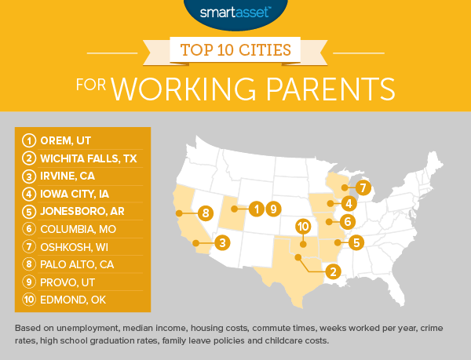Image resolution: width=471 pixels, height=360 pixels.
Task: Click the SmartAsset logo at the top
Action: [x=235, y=13]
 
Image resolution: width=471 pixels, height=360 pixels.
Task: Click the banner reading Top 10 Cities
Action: [x=235, y=51]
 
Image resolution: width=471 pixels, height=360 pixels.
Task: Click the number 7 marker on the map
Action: [x=362, y=188]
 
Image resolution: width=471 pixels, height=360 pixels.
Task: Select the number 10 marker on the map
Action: [x=302, y=227]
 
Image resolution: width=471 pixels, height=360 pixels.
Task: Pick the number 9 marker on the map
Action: [x=272, y=209]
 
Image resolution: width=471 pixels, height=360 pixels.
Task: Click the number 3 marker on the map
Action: [x=223, y=243]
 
